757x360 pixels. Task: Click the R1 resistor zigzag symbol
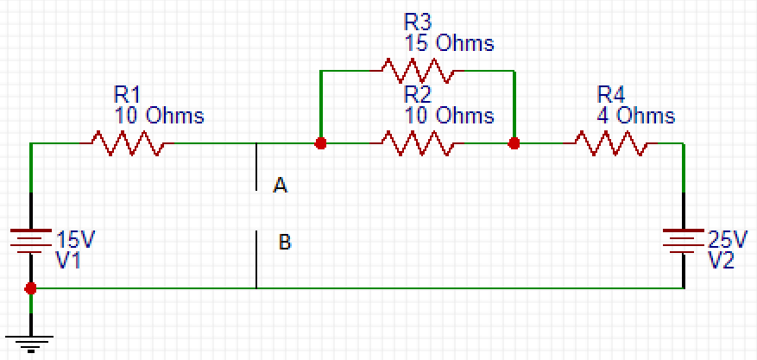[127, 142]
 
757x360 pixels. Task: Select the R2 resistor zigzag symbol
[417, 142]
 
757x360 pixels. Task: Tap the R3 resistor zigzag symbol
[417, 71]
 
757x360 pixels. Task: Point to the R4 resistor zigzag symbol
[609, 142]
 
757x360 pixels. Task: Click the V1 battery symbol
[31, 241]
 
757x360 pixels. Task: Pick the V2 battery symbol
[683, 241]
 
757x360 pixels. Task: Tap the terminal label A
[280, 185]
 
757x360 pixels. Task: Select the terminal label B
[285, 242]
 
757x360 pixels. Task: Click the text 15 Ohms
[449, 43]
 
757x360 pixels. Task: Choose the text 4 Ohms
[636, 116]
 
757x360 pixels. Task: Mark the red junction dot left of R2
[320, 143]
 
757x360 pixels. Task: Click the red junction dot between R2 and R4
[514, 143]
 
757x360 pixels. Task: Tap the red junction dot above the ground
[30, 288]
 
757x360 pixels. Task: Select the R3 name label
[418, 22]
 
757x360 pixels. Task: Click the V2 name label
[721, 260]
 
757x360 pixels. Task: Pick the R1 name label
[127, 95]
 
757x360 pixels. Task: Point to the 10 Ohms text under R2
[449, 116]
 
